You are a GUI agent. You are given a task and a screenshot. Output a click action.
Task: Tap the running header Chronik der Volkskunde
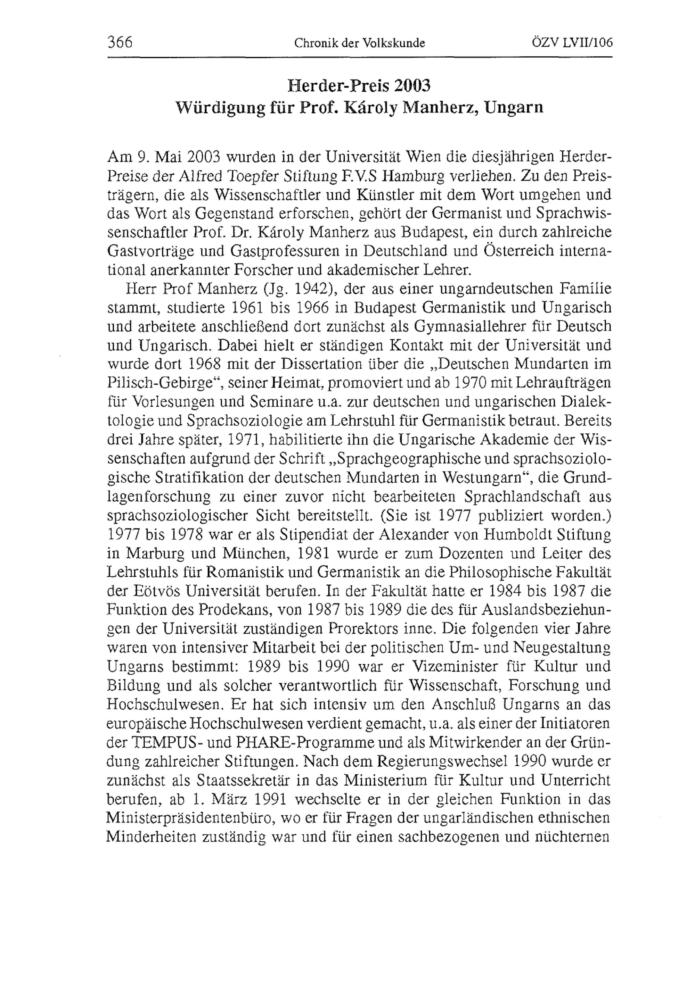[x=360, y=43]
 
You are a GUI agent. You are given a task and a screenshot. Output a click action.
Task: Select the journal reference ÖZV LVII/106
[x=572, y=43]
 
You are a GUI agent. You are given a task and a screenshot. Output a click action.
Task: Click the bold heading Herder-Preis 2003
[x=359, y=86]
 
